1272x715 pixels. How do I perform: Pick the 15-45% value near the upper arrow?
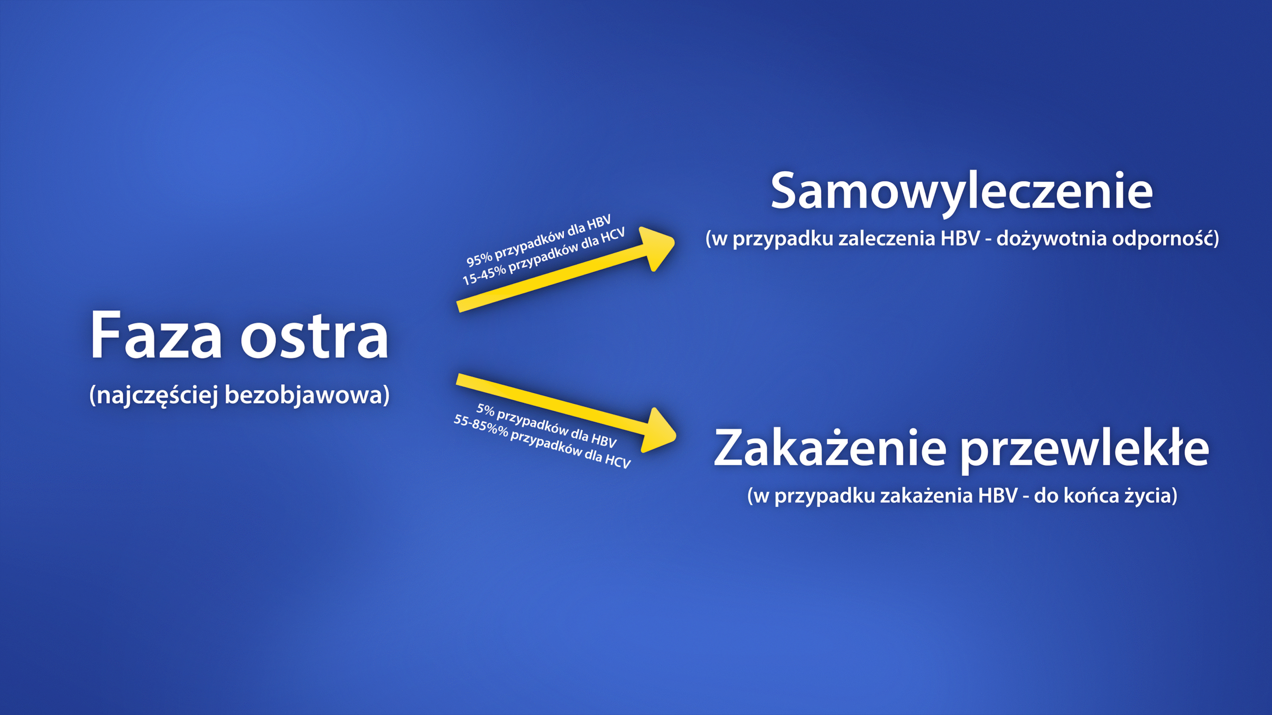coord(484,275)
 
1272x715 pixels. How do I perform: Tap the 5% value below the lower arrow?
coord(485,410)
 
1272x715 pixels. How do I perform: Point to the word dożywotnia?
coord(1051,238)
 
